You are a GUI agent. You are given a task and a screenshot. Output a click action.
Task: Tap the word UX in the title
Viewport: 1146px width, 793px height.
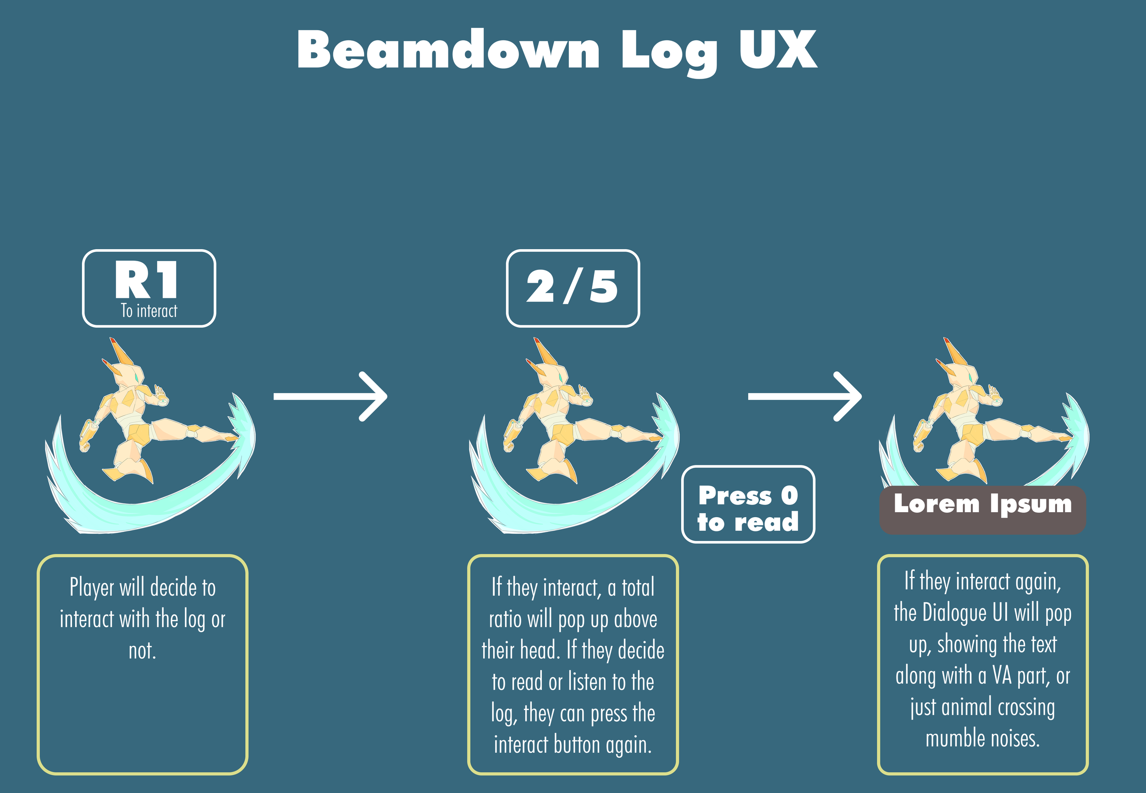(x=777, y=49)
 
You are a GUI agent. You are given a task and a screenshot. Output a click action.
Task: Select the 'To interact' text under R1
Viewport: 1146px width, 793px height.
(x=149, y=311)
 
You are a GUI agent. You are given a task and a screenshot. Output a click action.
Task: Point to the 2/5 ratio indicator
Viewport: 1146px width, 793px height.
(x=572, y=287)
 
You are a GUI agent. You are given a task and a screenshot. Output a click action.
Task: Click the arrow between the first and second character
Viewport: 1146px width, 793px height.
(x=330, y=396)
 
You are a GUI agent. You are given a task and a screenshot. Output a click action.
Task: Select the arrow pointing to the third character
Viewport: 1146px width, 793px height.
(x=804, y=396)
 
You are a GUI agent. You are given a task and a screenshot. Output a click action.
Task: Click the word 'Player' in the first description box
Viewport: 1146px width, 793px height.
(x=92, y=588)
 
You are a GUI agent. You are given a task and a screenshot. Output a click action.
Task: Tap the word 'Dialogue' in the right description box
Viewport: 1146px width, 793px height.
(x=954, y=613)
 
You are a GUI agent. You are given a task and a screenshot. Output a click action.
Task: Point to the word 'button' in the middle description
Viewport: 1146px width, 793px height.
(x=577, y=745)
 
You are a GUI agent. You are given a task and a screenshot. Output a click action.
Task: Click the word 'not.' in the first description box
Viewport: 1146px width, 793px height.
(x=142, y=651)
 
